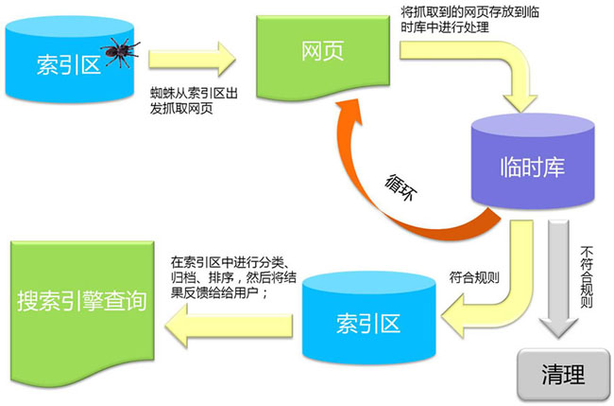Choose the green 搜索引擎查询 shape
click(81, 301)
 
